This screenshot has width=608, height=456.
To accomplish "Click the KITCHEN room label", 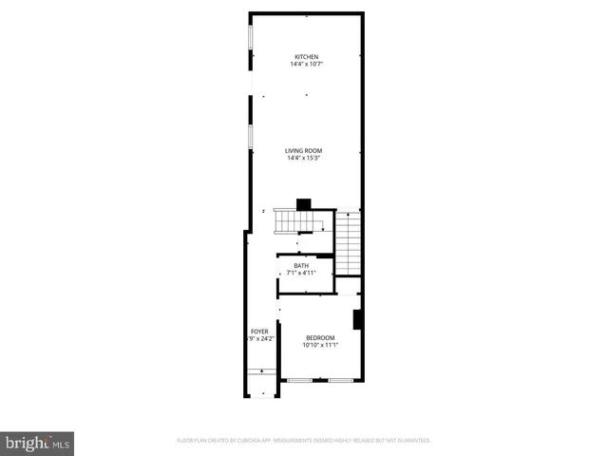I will point(305,57).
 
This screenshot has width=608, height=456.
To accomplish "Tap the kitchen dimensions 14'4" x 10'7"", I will point(305,65).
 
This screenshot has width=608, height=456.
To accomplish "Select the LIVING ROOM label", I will point(305,150).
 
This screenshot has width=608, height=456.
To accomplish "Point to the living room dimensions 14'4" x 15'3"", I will point(305,158).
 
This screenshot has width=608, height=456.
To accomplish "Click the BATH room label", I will point(301,266).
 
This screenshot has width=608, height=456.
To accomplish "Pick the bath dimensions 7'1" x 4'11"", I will point(301,274).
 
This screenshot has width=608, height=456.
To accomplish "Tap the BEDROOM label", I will point(320,338).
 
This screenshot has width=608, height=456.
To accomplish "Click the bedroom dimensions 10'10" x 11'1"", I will point(320,346).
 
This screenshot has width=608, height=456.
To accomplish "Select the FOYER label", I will point(259,332).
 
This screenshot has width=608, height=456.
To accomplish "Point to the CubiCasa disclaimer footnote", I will point(304,441).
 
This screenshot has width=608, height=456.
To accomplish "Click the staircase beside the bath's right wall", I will point(349,242).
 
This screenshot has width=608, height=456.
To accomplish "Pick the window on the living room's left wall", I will point(251,137).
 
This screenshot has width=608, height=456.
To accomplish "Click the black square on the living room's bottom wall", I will point(303,202).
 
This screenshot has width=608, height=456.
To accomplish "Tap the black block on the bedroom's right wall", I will point(357,320).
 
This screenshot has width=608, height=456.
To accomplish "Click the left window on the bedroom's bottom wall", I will point(300,381).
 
